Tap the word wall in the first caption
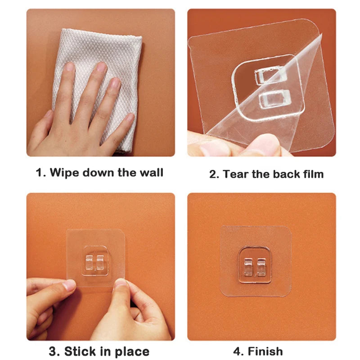152,172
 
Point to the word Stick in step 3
81,351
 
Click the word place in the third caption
132,352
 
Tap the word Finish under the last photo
265,351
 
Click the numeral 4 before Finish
238,351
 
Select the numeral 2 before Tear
213,174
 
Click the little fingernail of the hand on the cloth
130,117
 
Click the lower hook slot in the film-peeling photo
275,99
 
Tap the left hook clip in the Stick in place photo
89,262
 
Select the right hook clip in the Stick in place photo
100,262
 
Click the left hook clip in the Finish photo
248,267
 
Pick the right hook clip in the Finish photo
261,267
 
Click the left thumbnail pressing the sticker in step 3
69,285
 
